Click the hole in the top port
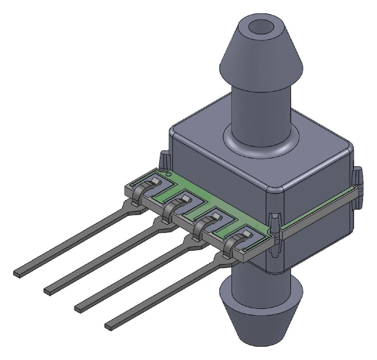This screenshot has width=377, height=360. pos(260,27)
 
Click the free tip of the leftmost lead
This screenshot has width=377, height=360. pos(19,272)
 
